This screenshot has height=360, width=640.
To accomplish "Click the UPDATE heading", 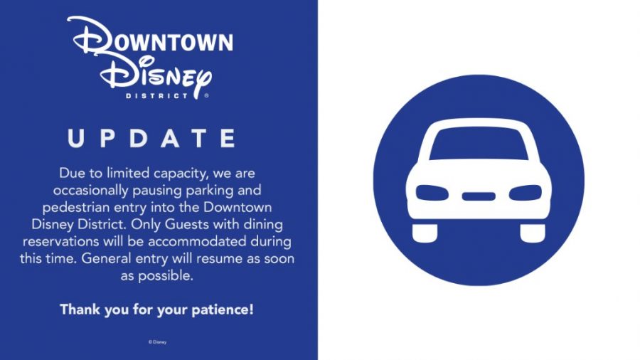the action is coord(152,138).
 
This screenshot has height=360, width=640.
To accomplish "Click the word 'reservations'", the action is coord(61,241).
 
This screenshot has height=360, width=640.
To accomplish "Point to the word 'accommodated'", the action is coord(197,241).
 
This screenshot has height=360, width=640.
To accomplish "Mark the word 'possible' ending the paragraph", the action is coord(166,276).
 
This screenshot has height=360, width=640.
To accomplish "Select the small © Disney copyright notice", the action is coord(158,342).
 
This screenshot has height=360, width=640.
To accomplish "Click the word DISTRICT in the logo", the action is coord(157,96).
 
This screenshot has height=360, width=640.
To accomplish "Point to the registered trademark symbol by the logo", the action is coord(206,95).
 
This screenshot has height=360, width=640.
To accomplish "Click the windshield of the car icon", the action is coord(479,144).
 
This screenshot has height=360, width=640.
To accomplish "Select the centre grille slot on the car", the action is coord(479,196).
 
